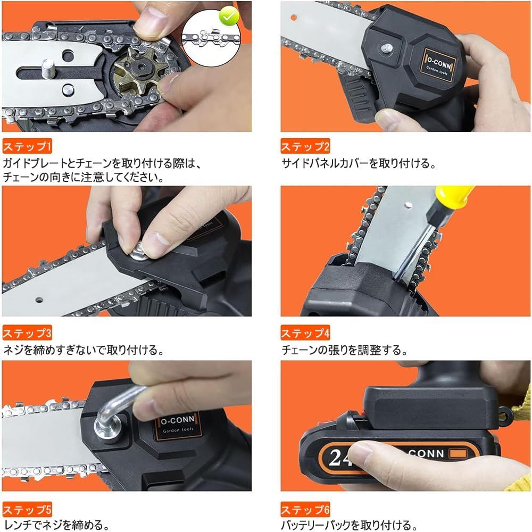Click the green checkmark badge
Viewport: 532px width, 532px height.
tap(229, 16)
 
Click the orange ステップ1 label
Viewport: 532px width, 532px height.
tap(27, 146)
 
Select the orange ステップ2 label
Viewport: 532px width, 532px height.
tap(305, 146)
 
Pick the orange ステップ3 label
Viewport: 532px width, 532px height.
tap(27, 333)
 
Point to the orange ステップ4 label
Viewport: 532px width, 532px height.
tap(305, 333)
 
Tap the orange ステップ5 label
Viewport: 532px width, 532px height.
tap(27, 510)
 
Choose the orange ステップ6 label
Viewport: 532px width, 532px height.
tap(305, 510)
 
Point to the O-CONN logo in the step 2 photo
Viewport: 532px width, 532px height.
tap(439, 65)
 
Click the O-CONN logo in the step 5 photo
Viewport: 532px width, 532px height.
tap(178, 425)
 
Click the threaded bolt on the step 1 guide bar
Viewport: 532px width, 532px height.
tap(48, 68)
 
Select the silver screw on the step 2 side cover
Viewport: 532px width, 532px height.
tap(386, 47)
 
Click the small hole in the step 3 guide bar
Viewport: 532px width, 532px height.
tap(39, 300)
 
